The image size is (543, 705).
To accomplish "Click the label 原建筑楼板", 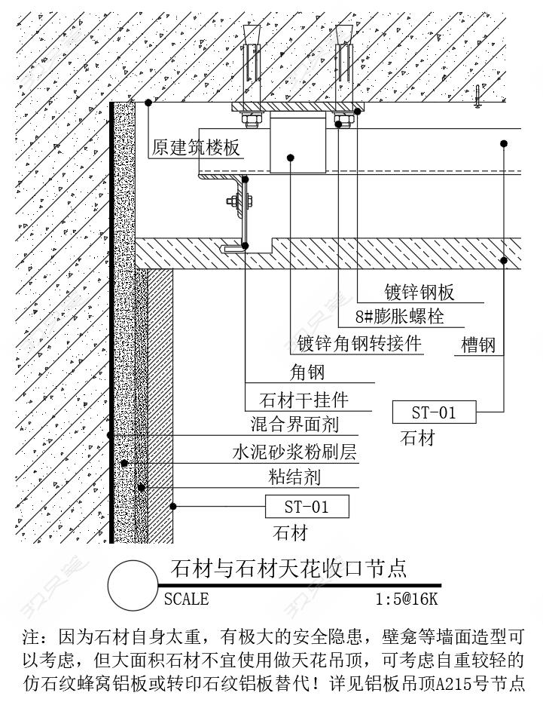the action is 195,148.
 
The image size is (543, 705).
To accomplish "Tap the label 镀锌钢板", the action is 419,293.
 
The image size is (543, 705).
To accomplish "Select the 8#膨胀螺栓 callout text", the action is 399,317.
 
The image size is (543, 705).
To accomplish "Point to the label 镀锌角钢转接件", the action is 359,344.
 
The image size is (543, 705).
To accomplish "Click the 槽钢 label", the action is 478,345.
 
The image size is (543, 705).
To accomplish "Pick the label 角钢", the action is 307,372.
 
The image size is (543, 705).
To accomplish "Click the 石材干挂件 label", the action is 304,400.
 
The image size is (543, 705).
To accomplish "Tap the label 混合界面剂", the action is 294,425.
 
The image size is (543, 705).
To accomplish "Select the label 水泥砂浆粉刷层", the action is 294,452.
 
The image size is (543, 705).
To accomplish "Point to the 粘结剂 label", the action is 294,477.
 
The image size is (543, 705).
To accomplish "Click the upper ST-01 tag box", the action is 434,412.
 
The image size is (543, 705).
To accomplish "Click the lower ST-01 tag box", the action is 307,506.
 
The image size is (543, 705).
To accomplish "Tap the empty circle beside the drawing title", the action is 133,585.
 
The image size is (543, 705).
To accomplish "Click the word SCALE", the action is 186,599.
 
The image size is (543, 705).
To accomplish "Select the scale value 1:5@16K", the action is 407,599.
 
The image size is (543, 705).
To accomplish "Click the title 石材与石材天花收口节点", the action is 288,568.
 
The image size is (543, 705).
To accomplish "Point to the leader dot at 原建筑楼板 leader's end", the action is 148,103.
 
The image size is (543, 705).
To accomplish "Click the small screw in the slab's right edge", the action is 477,97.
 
